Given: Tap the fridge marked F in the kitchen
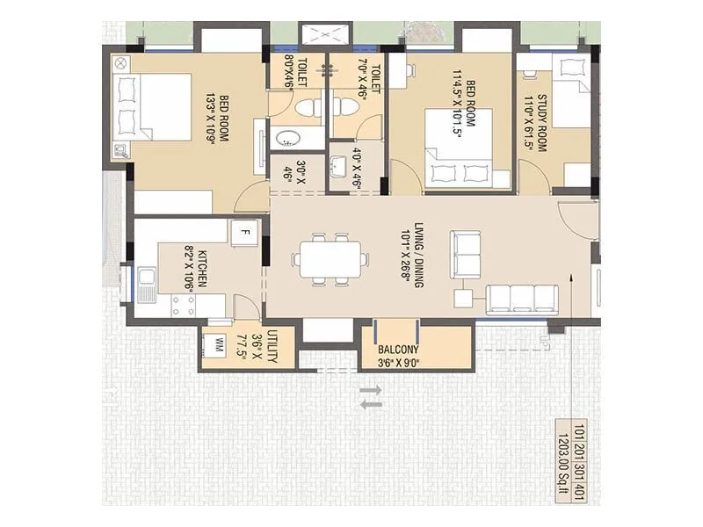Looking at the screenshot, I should [244, 233].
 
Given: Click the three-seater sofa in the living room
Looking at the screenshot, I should [522, 298].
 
